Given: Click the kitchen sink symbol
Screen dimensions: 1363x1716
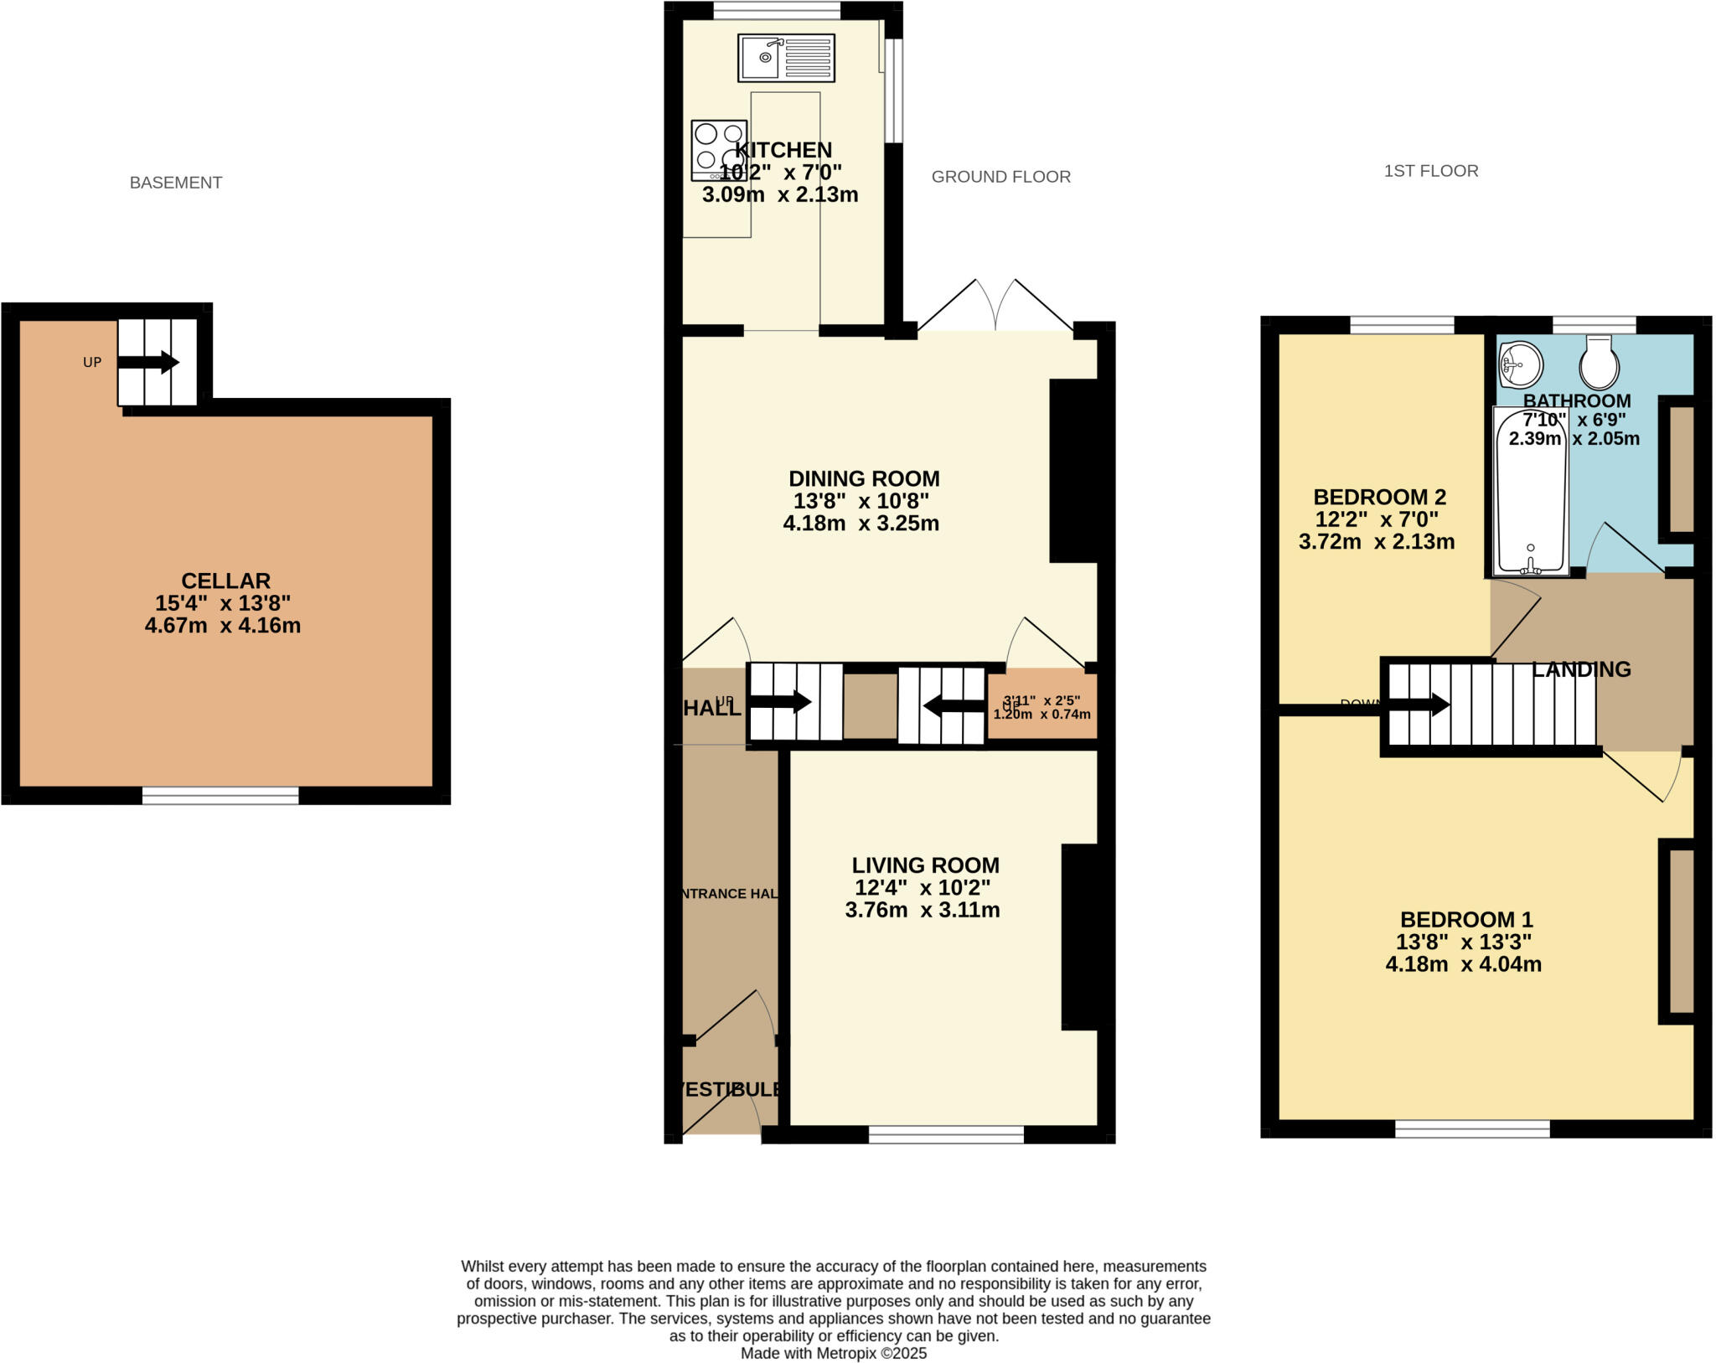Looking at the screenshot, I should point(786,58).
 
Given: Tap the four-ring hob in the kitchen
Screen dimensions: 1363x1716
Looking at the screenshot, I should point(718,150).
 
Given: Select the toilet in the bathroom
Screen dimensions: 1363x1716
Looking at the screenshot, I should point(1599,364).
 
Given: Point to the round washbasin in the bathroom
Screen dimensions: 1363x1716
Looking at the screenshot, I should point(1521,364).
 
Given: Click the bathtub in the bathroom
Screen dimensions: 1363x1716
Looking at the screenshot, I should point(1531,491).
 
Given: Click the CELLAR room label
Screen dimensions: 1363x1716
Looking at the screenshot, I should point(225,581).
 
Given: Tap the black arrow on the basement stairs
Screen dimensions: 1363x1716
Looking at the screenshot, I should point(148,363).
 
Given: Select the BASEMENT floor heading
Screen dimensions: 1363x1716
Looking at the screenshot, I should point(175,183).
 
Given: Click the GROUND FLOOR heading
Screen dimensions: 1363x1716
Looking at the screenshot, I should point(1000,177).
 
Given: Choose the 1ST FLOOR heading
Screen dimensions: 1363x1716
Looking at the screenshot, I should point(1430,171).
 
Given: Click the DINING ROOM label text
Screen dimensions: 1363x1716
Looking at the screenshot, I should point(864,479).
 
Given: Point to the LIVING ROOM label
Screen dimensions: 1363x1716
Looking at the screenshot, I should point(925,865).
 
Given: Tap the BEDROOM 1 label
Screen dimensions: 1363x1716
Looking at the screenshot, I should point(1465,919).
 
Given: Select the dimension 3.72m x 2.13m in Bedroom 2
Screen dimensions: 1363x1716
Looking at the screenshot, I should point(1376,542).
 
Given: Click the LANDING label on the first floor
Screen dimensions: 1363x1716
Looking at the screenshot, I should point(1581,669).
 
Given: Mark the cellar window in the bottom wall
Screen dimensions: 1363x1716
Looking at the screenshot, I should point(220,796).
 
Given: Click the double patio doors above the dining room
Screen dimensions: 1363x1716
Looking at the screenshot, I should point(995,307).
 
